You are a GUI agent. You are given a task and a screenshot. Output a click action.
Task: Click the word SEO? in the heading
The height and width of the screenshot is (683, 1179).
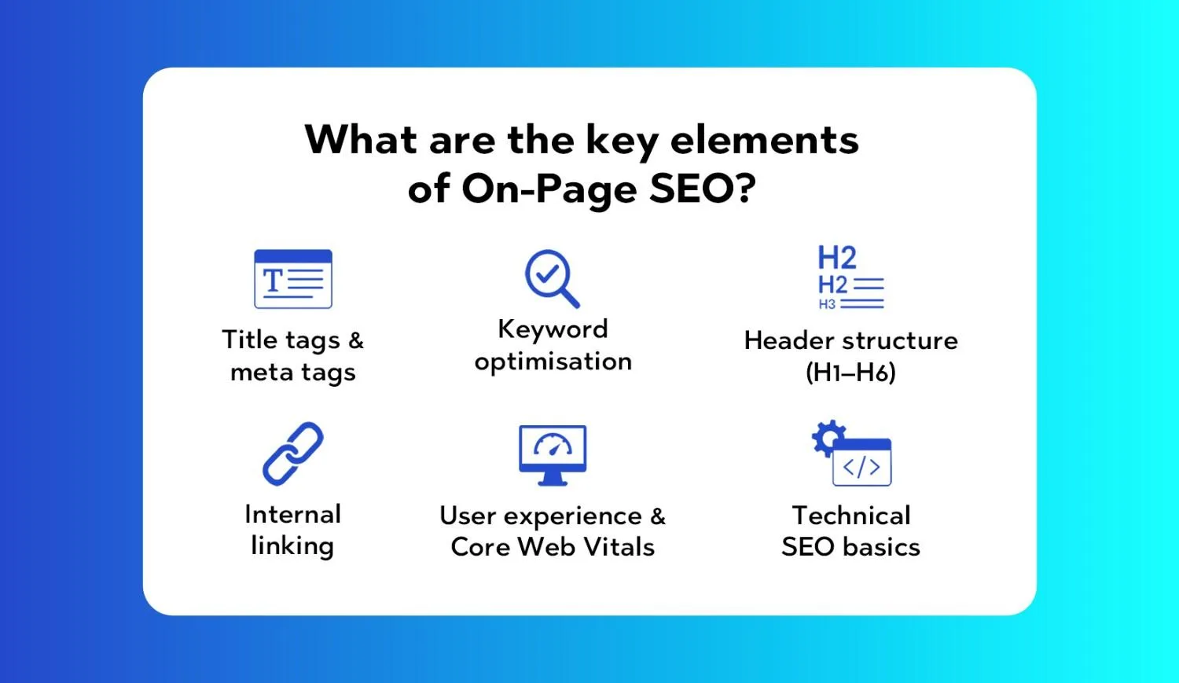point(703,189)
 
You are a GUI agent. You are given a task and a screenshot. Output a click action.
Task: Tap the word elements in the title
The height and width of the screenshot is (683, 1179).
point(764,140)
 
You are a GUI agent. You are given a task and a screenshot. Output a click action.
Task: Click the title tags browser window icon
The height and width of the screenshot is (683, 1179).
point(293,279)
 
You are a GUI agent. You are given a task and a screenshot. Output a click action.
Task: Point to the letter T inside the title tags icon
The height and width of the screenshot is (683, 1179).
point(273,281)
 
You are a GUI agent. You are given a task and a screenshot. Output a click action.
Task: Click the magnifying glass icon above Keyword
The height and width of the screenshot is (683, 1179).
point(552,278)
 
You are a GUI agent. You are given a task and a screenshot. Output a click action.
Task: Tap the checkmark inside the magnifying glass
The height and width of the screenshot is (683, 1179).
point(547,273)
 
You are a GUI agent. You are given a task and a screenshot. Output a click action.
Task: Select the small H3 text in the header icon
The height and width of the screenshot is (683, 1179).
point(827,304)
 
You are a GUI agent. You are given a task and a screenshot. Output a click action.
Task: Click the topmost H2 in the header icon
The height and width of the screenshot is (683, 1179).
point(837,258)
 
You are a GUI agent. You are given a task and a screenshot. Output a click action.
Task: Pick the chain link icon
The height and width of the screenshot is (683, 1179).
point(293,453)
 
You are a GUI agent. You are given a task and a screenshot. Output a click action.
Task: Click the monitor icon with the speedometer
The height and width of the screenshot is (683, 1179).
point(553,455)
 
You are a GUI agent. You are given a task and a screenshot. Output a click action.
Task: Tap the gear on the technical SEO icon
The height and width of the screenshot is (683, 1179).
point(828,437)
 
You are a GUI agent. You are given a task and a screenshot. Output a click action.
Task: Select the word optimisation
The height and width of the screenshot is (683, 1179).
point(553,362)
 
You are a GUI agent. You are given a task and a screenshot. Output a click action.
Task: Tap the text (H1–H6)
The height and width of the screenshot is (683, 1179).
point(850,373)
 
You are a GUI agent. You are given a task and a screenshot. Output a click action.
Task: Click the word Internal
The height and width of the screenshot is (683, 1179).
point(293,514)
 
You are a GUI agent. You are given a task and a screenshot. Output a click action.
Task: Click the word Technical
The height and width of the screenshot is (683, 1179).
point(851,515)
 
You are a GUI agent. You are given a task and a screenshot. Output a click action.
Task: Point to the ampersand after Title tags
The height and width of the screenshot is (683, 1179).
point(356,340)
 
